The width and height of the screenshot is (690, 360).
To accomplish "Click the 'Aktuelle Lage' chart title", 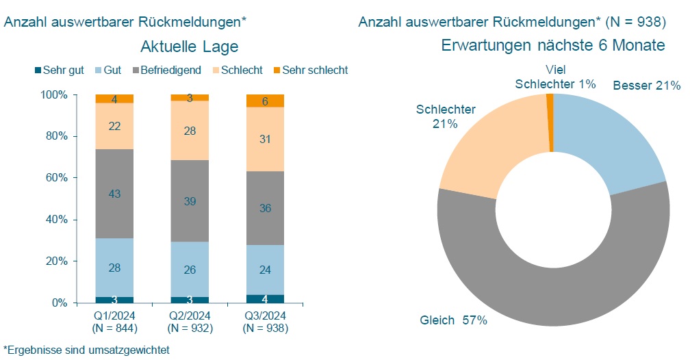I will (x=189, y=47).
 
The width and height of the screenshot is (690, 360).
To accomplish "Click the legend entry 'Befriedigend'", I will (x=170, y=70).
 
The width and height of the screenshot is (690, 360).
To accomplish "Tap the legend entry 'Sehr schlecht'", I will (x=315, y=70).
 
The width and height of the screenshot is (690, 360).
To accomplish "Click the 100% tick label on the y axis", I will (x=54, y=94).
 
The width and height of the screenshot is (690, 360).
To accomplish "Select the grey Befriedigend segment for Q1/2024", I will (x=114, y=194).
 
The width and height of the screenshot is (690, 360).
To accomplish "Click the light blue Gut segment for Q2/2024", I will (x=190, y=269).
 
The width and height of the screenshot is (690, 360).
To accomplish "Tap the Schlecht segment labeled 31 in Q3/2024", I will (x=265, y=139).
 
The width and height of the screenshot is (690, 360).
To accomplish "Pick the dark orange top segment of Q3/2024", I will (x=265, y=101).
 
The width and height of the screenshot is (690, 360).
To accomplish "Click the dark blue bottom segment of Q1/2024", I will (x=114, y=300).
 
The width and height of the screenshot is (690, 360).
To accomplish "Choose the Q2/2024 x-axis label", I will (x=190, y=316).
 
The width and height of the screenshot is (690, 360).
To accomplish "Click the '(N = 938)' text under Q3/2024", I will (x=265, y=329).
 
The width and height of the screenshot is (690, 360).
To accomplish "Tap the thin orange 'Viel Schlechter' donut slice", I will (x=550, y=123).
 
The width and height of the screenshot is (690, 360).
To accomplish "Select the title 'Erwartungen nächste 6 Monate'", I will (x=553, y=45).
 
